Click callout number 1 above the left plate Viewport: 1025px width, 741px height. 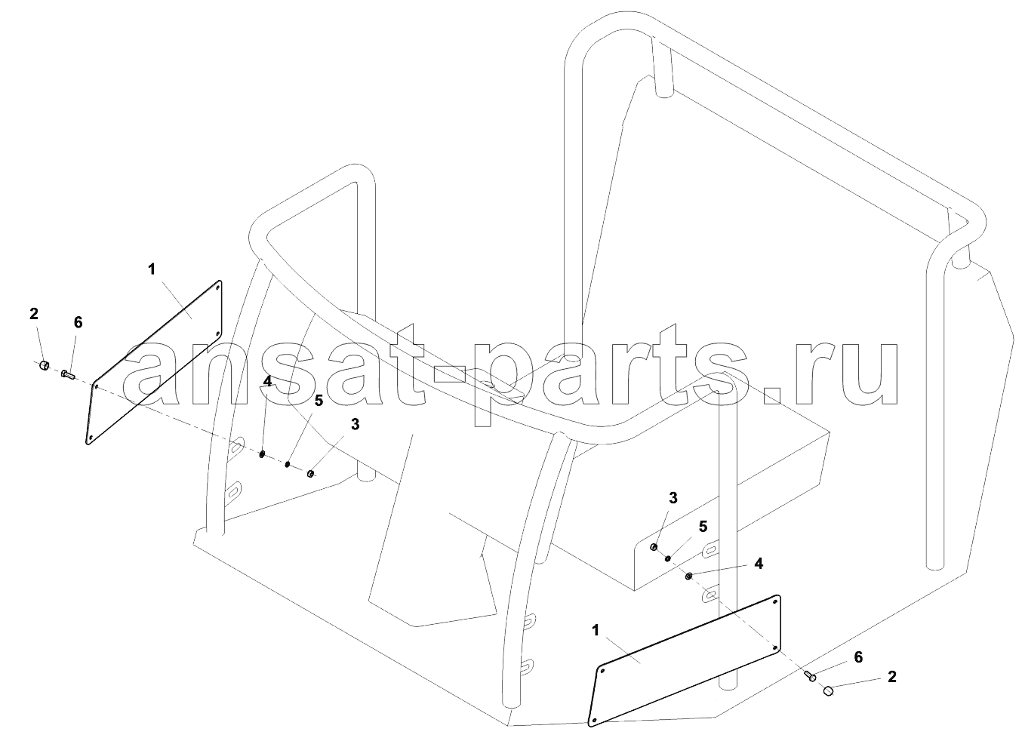[152, 269]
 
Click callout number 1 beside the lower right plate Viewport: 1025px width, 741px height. [596, 631]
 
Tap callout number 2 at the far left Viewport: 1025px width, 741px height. [33, 314]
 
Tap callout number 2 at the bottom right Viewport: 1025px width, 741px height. [892, 677]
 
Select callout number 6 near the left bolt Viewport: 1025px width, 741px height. [78, 322]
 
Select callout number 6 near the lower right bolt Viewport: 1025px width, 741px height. [858, 657]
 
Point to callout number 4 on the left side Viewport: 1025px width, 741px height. [267, 381]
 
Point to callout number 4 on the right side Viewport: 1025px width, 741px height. [759, 564]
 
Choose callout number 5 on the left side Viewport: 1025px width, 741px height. [319, 401]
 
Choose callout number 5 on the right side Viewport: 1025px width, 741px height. [703, 527]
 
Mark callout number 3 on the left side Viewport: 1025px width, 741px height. [355, 425]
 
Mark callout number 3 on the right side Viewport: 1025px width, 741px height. [673, 498]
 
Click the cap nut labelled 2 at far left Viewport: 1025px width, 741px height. [44, 365]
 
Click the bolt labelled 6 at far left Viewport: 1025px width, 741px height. [67, 374]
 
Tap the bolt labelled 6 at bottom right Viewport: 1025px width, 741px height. [810, 675]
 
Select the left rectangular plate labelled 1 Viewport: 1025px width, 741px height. [154, 362]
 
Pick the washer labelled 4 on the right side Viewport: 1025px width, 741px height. [688, 577]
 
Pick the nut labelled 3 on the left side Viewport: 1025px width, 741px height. [309, 473]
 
